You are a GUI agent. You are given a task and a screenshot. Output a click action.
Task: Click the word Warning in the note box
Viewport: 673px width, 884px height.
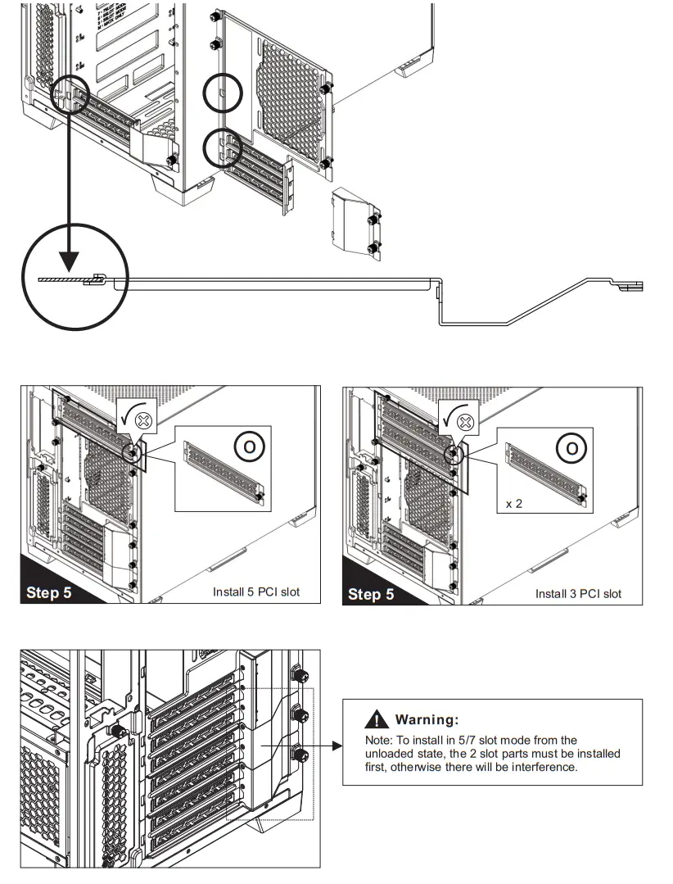[x=426, y=720]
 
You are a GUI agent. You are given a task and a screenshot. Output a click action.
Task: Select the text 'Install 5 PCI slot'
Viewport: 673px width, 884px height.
[x=255, y=592]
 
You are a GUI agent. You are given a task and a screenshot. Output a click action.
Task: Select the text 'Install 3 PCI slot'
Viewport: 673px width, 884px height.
[x=578, y=593]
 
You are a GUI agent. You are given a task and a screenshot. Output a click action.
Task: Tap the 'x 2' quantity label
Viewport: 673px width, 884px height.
[x=514, y=504]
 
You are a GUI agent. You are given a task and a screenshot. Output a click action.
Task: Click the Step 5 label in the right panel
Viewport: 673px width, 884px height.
[x=371, y=593]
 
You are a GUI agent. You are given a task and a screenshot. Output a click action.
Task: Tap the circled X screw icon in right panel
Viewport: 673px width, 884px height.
[x=467, y=422]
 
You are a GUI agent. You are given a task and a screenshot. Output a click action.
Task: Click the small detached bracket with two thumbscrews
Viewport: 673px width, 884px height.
[x=357, y=222]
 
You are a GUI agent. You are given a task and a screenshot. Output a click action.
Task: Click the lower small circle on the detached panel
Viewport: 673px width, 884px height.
[x=224, y=148]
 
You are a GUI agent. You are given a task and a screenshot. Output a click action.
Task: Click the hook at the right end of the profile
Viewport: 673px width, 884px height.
[x=632, y=286]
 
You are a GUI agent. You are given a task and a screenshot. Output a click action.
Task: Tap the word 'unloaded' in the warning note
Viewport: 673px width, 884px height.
[x=387, y=754]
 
